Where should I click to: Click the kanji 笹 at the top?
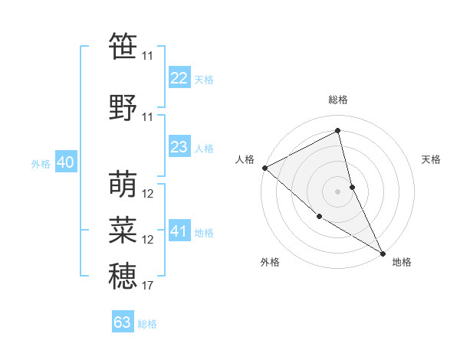coord(123,47)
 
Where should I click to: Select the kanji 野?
coord(123,107)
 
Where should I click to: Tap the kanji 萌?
coord(123,184)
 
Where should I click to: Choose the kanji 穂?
coord(123,276)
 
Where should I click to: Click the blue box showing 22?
coord(179,78)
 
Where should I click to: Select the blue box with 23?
coord(179,147)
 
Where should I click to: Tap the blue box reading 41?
coord(179,231)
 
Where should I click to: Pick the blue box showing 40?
coord(65,163)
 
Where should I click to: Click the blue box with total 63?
coord(123,322)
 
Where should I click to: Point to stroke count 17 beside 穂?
coord(148,286)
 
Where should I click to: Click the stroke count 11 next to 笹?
coord(147,56)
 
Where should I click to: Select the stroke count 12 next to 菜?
coord(148,240)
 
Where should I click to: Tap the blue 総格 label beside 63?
coord(147,324)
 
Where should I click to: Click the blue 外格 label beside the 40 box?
coord(41,164)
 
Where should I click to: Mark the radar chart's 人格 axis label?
coord(245,159)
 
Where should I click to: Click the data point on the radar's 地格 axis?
coord(383,252)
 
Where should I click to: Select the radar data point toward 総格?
coord(337,131)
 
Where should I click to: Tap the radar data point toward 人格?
coord(264,168)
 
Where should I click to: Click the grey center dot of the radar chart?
coord(337,191)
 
